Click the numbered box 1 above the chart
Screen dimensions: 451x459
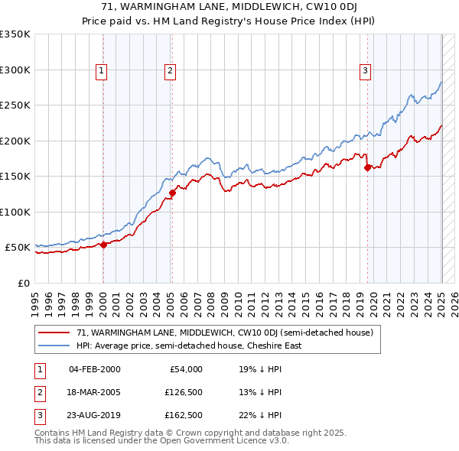pos(102,71)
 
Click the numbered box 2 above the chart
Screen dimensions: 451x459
pos(170,71)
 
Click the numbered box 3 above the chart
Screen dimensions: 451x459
pos(366,71)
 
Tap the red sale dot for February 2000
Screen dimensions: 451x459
pos(103,245)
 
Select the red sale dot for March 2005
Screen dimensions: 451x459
pos(172,193)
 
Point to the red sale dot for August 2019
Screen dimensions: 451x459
pos(367,168)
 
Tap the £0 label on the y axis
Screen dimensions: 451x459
pos(23,283)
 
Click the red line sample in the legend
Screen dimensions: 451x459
pos(54,333)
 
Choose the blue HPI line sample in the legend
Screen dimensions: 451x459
pos(54,346)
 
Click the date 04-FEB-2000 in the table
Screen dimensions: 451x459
pos(95,369)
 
